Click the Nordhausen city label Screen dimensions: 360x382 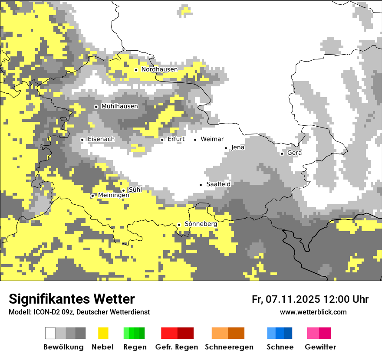[159, 69]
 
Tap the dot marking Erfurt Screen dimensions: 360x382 [162, 140]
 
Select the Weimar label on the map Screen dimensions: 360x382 [212, 139]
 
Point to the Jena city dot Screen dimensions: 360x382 [226, 148]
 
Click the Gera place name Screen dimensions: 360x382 [294, 153]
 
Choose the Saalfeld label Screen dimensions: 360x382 [218, 184]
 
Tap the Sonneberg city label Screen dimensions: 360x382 [201, 224]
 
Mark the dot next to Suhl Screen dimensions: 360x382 [123, 190]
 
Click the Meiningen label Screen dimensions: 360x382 [113, 196]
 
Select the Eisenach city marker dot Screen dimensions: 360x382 [82, 140]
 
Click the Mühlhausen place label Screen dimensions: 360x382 [119, 106]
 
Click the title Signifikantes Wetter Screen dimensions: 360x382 [72, 299]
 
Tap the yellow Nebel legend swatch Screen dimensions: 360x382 [103, 333]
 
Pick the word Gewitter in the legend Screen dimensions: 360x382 [320, 347]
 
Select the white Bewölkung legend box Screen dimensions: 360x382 [50, 333]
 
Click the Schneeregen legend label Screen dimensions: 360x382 [229, 347]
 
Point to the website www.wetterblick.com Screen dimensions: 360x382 [313, 312]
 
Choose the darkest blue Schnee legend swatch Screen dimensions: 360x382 [288, 333]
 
